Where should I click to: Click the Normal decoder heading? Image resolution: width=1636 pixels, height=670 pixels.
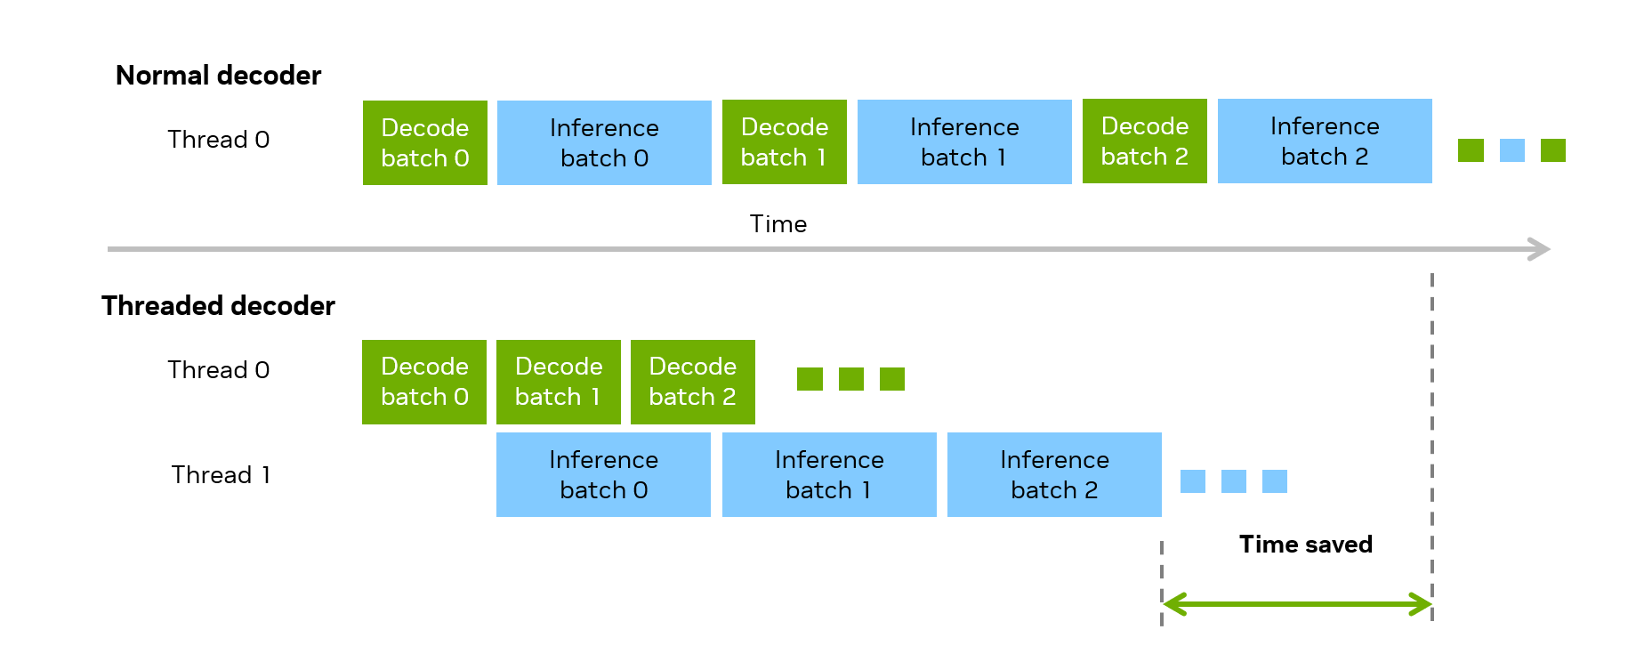click(x=218, y=76)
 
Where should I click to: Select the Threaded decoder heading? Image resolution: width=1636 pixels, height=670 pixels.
click(x=218, y=306)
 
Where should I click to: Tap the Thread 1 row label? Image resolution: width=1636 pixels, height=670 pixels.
click(x=221, y=475)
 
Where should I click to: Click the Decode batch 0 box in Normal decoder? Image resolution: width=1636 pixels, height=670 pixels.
click(x=425, y=142)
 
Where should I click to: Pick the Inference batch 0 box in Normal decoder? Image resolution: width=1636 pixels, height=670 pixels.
click(x=604, y=142)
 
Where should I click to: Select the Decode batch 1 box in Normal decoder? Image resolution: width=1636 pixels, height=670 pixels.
click(x=785, y=141)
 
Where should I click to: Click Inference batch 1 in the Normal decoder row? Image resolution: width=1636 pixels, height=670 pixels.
click(x=964, y=141)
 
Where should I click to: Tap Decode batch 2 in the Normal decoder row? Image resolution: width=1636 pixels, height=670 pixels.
click(x=1145, y=141)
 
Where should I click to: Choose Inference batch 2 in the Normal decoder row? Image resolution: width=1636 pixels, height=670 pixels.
click(x=1325, y=141)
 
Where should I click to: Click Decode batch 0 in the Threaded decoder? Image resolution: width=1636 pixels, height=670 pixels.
click(x=424, y=382)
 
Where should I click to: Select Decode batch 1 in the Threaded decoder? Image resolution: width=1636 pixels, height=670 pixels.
click(x=559, y=382)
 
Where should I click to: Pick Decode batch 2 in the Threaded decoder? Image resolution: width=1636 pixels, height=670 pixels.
click(x=693, y=382)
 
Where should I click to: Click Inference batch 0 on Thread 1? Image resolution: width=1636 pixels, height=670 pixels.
click(x=603, y=474)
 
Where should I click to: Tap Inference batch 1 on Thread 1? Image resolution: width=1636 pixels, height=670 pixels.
click(x=829, y=474)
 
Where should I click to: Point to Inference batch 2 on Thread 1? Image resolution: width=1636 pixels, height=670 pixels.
click(x=1054, y=474)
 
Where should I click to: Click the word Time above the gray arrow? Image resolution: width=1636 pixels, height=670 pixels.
click(x=778, y=224)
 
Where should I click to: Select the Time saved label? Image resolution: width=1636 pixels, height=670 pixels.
click(x=1306, y=545)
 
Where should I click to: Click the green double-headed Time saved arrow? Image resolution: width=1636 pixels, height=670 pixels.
click(x=1297, y=605)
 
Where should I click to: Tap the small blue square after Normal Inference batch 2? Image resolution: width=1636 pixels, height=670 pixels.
click(x=1512, y=150)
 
